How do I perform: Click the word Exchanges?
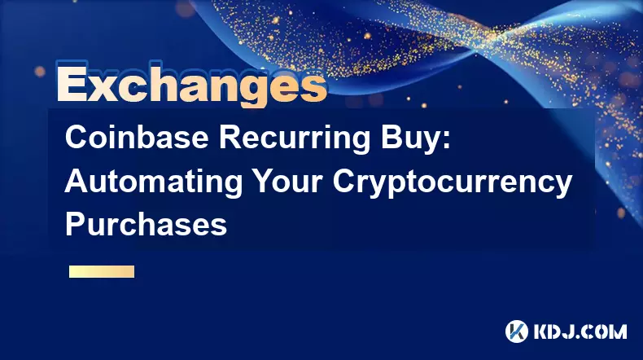pos(191,85)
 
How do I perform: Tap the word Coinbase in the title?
pos(137,138)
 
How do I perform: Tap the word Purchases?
pos(146,224)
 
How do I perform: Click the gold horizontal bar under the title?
pos(102,272)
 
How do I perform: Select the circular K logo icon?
pos(517,331)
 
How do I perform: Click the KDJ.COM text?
pos(580,331)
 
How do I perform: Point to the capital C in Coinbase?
pos(77,138)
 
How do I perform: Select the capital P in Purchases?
pos(76,224)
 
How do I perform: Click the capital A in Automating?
pos(77,181)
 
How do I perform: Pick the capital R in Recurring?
pos(230,138)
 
